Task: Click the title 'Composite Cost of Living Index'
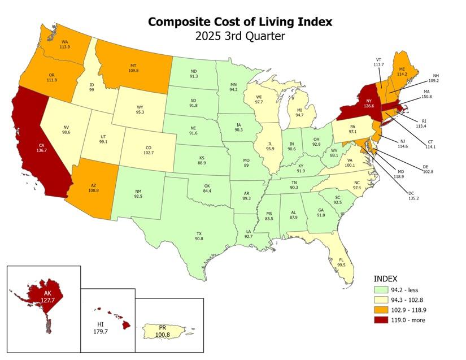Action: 240,21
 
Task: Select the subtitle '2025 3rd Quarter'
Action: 240,36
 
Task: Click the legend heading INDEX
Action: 386,279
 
